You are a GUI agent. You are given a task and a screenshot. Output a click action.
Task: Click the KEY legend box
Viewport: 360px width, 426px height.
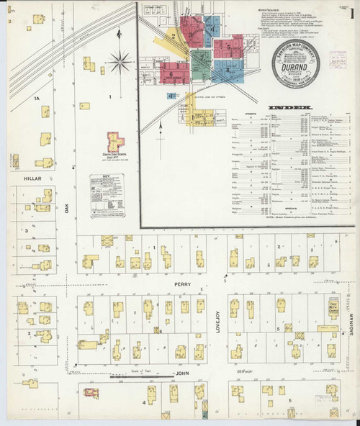[x=102, y=195]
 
